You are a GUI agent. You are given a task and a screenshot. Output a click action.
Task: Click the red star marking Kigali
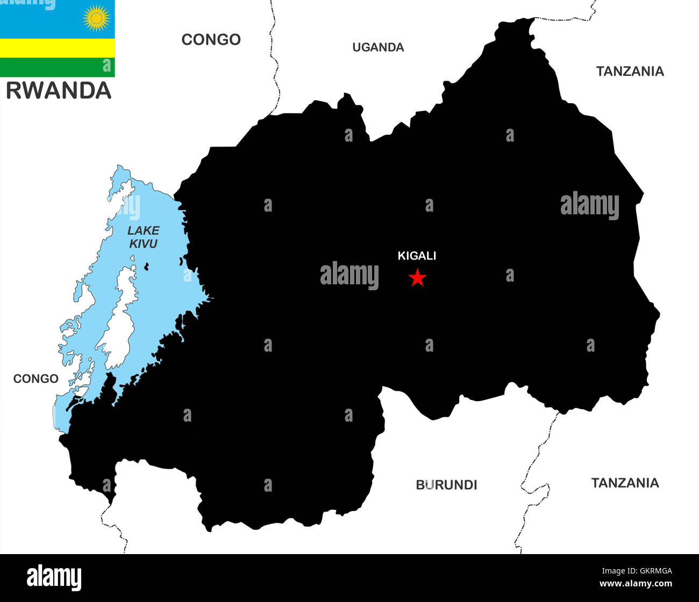[x=417, y=278]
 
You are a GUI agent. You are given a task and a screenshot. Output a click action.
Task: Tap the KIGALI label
[x=417, y=256]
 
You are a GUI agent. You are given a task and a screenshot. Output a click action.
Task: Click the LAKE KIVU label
[x=144, y=237]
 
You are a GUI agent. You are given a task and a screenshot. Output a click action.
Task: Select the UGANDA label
[x=378, y=47]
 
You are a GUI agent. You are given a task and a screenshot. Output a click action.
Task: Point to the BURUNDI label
[x=446, y=485]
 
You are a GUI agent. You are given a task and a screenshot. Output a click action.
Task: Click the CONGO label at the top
[x=211, y=39]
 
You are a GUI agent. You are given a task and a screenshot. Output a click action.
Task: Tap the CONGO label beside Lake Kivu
[x=35, y=379]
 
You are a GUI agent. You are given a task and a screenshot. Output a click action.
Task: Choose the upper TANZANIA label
[x=630, y=71]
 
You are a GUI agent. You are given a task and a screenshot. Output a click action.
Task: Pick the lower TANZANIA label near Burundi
[x=625, y=482]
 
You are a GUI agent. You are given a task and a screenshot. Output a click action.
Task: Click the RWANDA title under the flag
[x=59, y=90]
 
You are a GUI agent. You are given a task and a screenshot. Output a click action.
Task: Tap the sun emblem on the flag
[x=96, y=18]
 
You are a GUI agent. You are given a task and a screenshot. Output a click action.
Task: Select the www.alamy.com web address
[x=636, y=584]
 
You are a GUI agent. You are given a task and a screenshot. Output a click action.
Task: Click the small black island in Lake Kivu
[x=146, y=266]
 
